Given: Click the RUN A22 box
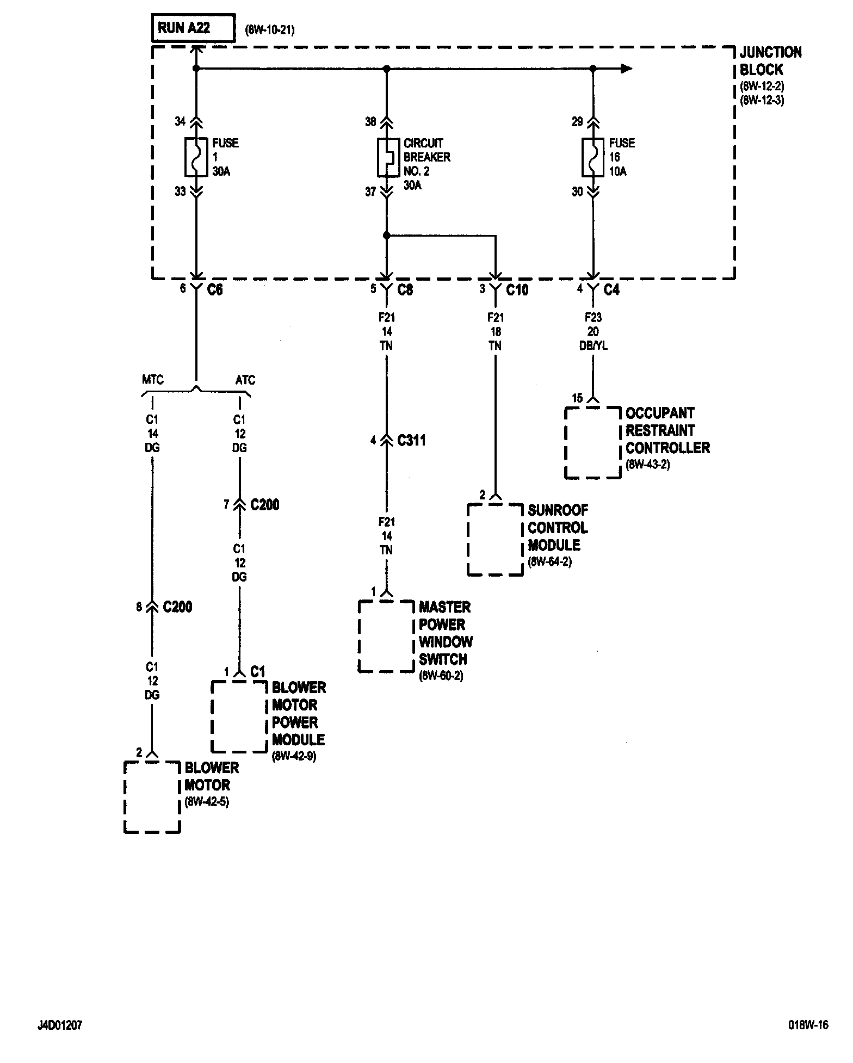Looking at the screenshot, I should tap(193, 28).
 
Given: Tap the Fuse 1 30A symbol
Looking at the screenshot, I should tap(196, 157).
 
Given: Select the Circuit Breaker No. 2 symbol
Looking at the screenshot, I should tap(386, 158).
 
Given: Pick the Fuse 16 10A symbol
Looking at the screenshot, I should tap(593, 157).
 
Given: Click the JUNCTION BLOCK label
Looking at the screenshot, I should tap(770, 61).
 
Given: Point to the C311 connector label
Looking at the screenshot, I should tap(411, 440).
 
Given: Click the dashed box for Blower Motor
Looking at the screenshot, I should tap(152, 797).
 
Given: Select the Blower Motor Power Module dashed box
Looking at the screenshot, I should tap(239, 716).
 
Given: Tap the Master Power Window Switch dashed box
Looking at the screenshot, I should tap(386, 636).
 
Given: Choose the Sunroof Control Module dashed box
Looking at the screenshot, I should tap(495, 539).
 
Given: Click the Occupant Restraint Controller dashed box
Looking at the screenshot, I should tap(593, 442).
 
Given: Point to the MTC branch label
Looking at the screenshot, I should tap(153, 380).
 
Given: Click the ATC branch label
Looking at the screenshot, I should tap(245, 380).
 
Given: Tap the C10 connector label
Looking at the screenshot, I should tap(517, 290).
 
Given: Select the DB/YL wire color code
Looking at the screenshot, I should tap(594, 345).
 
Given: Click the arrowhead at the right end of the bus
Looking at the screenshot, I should tap(627, 69).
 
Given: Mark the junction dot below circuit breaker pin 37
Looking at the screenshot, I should tap(386, 236).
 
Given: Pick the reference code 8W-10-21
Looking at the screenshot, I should tap(270, 30).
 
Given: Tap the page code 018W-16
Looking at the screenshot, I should tap(808, 1025).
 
